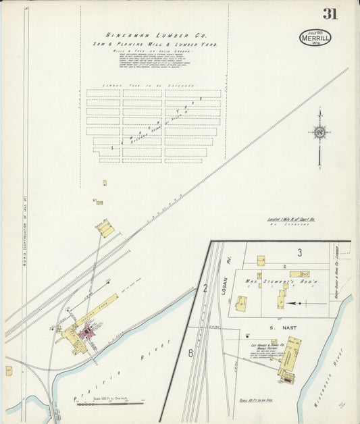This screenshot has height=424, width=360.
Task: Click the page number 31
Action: [330, 14]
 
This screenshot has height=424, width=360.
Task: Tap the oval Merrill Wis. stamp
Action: [315, 37]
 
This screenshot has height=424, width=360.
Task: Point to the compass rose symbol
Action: [319, 132]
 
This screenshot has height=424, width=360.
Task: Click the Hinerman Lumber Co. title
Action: [157, 35]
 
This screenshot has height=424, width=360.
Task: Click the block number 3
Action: [298, 253]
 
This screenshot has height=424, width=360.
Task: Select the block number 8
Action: [191, 352]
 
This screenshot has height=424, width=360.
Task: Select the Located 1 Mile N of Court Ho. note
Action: [291, 219]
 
